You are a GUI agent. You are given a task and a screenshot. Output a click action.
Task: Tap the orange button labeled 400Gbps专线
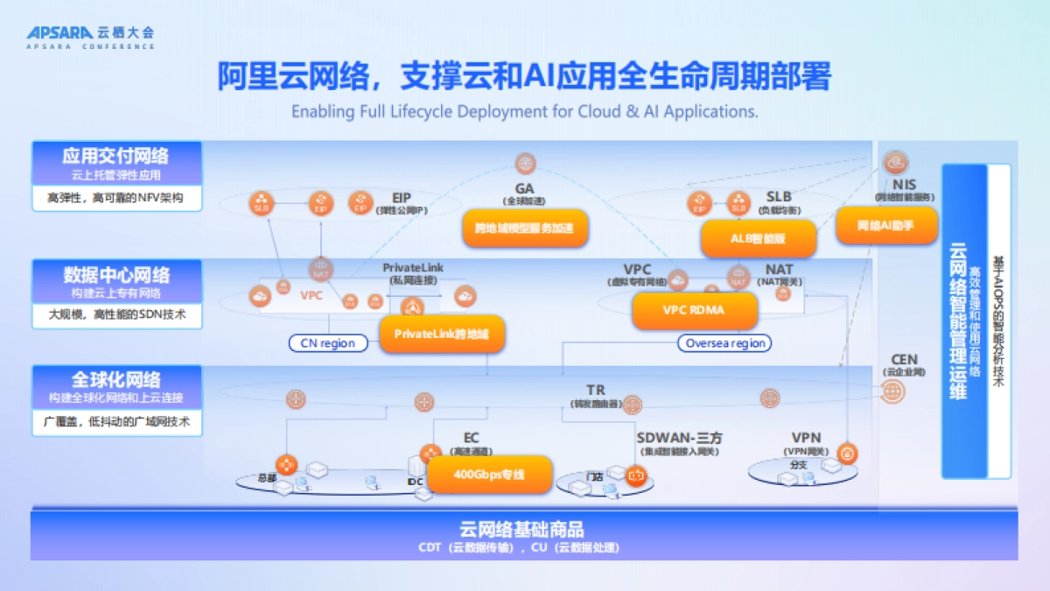pos(489,475)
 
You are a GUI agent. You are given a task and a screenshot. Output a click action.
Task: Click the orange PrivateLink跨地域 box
pos(442,334)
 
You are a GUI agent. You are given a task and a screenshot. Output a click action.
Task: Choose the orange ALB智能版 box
pos(759,237)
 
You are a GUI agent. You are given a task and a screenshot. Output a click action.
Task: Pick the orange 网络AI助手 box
pos(885,226)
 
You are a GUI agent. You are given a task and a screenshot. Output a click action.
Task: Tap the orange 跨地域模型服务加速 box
pos(524,229)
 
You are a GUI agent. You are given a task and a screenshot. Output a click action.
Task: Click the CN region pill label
pos(328,343)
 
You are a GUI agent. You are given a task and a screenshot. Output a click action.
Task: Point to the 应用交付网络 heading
pos(115,156)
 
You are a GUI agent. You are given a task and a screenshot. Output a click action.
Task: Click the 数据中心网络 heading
pos(116,274)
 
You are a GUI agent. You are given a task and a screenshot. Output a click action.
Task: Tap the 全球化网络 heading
pos(116,380)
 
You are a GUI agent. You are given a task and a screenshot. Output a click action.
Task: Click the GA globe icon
pos(525,163)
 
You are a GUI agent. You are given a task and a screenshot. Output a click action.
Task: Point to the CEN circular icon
pos(892,392)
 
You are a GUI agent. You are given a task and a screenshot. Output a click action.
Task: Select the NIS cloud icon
pos(896,162)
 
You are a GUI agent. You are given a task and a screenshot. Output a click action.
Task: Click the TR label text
pos(596,390)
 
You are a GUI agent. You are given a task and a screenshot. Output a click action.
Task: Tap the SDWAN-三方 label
pos(679,438)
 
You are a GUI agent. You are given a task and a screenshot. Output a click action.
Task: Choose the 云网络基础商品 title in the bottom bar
pos(521,529)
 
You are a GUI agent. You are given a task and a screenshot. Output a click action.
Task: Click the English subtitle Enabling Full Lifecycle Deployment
pos(524,111)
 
